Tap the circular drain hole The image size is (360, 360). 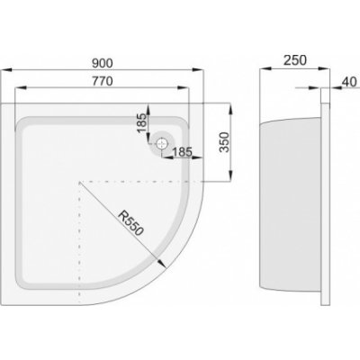[162, 141]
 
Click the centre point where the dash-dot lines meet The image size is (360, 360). [81, 182]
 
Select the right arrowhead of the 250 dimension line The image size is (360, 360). [324, 72]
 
